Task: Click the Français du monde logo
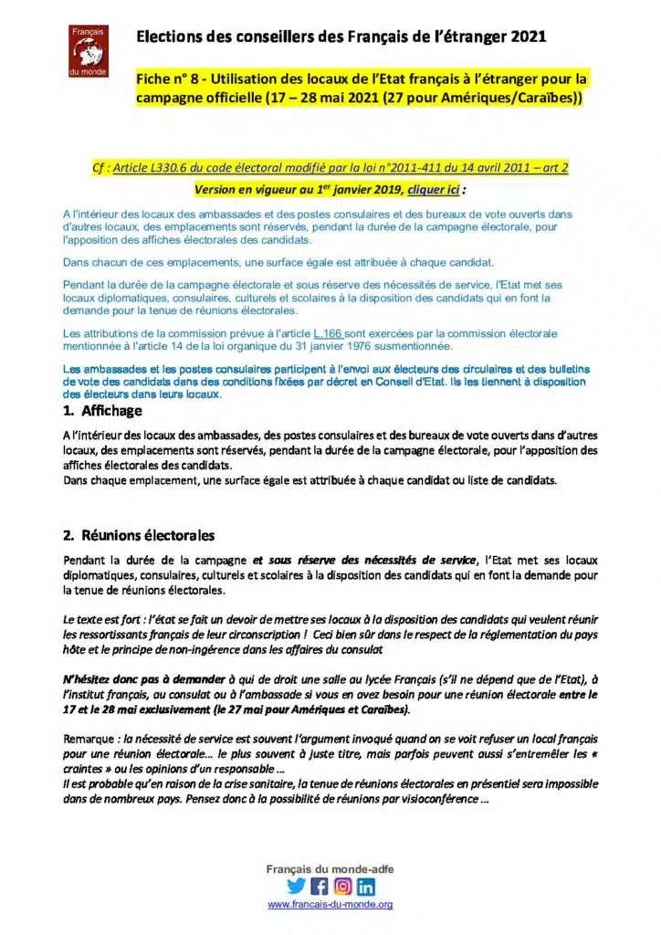89,51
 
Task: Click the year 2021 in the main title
529,37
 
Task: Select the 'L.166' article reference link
328,334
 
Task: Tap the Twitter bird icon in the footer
296,886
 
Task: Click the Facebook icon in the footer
320,886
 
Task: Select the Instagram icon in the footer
342,886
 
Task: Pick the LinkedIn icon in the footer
366,886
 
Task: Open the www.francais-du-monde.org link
330,904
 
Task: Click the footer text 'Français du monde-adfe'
330,869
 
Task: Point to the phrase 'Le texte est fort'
106,618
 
